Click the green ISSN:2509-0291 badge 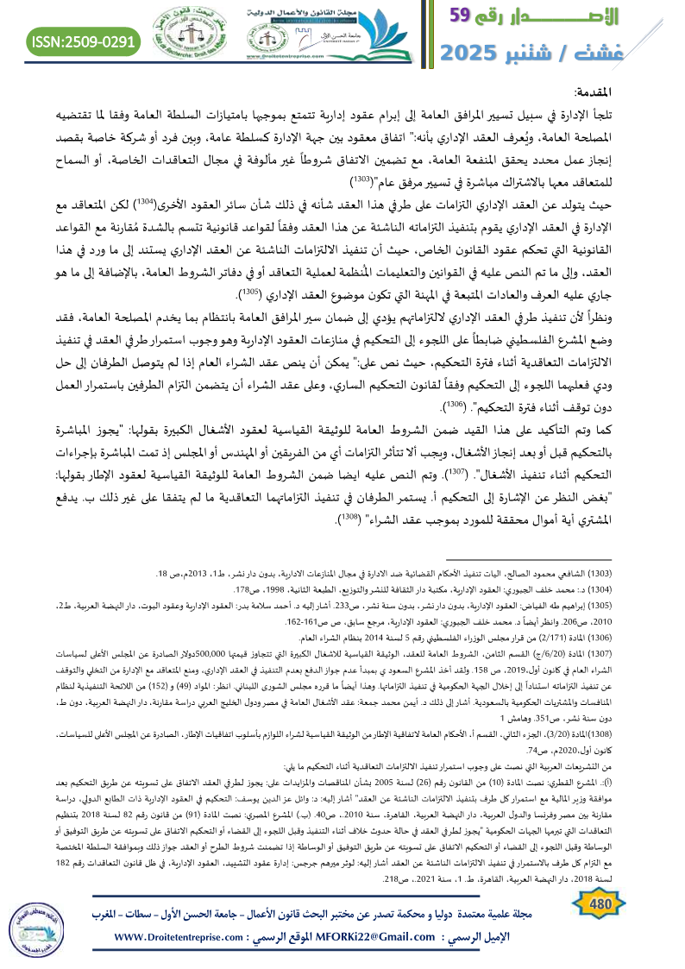pos(84,41)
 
